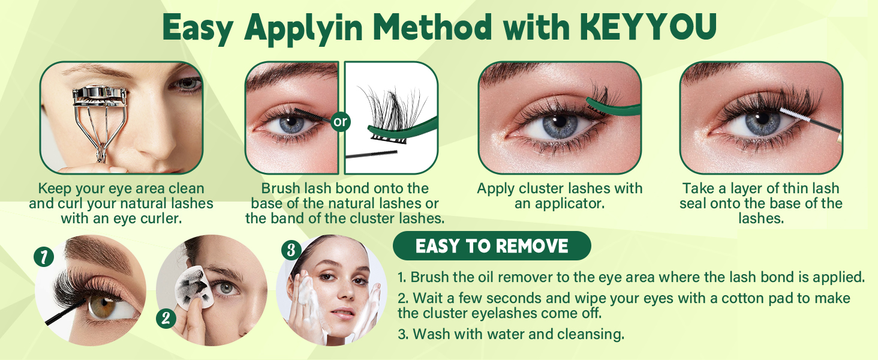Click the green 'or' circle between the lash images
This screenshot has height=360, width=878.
341,122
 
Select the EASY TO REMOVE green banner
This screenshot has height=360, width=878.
492,246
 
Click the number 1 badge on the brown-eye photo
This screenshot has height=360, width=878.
44,257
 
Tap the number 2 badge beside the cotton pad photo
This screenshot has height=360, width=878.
166,318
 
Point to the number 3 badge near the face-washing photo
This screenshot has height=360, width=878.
291,249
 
